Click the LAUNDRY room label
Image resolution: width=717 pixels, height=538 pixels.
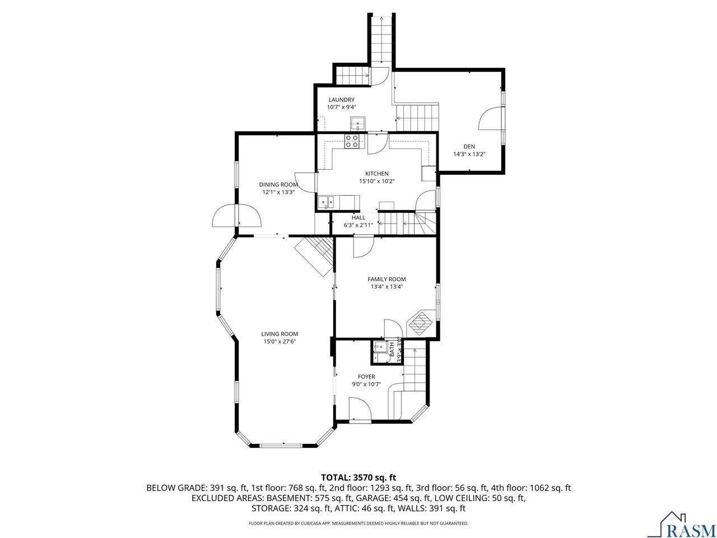[341, 100]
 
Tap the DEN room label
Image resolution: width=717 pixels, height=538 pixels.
[469, 147]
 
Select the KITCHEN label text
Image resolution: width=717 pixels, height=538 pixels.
[376, 174]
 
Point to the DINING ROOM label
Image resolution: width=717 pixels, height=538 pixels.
[278, 184]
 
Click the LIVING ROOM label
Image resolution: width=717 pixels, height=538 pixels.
[280, 334]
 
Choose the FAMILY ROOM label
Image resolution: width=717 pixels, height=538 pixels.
[387, 279]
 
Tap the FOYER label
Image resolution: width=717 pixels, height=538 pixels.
[366, 377]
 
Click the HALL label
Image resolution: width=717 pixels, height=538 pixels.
[358, 217]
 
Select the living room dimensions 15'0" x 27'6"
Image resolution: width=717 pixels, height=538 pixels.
[280, 342]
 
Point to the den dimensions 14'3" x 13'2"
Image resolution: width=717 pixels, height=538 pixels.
[469, 154]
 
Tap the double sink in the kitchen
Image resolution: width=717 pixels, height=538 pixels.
[327, 202]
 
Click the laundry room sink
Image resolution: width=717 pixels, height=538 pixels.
[358, 123]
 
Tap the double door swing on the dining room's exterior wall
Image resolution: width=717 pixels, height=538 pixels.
[236, 216]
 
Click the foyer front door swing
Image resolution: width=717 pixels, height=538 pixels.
[360, 409]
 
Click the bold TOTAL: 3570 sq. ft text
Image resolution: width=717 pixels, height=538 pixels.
[358, 477]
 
